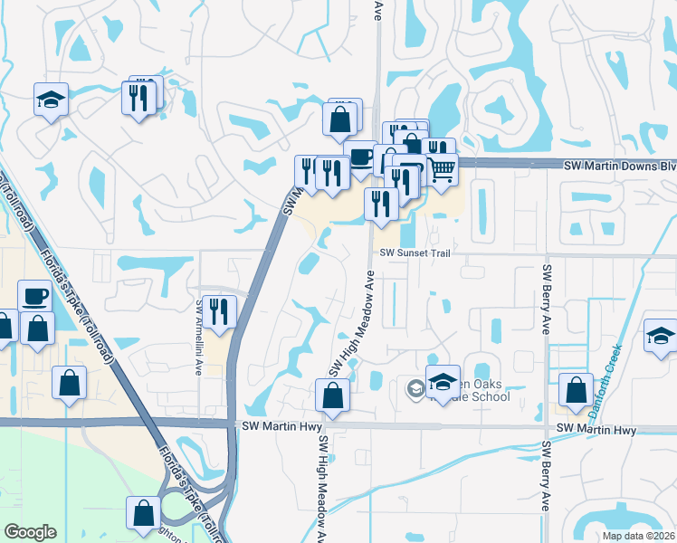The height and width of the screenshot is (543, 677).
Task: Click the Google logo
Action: [x=30, y=532]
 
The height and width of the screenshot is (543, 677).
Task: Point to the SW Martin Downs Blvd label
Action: [x=619, y=167]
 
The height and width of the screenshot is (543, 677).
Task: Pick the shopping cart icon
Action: [x=441, y=167]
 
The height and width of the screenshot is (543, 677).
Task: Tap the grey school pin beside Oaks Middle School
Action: [x=415, y=389]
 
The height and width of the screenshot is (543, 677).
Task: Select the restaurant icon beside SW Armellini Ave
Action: [x=219, y=311]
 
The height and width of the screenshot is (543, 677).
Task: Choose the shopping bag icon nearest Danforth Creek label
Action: [x=576, y=390]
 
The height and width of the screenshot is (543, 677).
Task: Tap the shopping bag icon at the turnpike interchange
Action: [x=144, y=513]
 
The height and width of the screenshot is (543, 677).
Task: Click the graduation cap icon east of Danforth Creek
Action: [x=661, y=336]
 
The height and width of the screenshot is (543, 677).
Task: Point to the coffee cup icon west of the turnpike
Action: [x=35, y=296]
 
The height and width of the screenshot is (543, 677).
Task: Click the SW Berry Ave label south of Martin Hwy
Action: [x=546, y=489]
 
